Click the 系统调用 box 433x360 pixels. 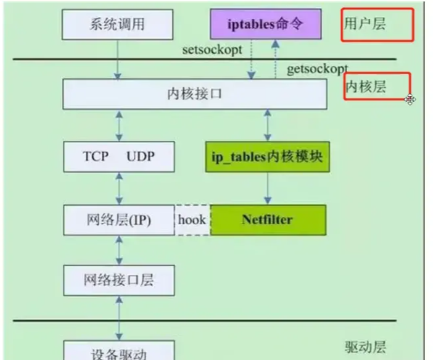[x=117, y=24]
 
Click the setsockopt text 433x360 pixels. [x=212, y=50]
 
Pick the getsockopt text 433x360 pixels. [x=317, y=69]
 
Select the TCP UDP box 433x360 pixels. [x=119, y=157]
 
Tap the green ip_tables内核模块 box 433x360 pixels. [x=267, y=157]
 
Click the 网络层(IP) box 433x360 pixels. [x=119, y=220]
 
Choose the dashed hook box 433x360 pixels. [x=192, y=220]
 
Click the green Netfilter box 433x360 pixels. [x=268, y=220]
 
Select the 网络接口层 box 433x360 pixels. [x=119, y=280]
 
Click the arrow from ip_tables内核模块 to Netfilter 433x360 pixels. [x=268, y=188]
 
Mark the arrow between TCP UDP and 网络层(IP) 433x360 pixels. [x=119, y=188]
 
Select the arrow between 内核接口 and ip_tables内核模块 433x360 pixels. [x=268, y=126]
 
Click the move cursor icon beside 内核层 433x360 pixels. [x=410, y=99]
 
